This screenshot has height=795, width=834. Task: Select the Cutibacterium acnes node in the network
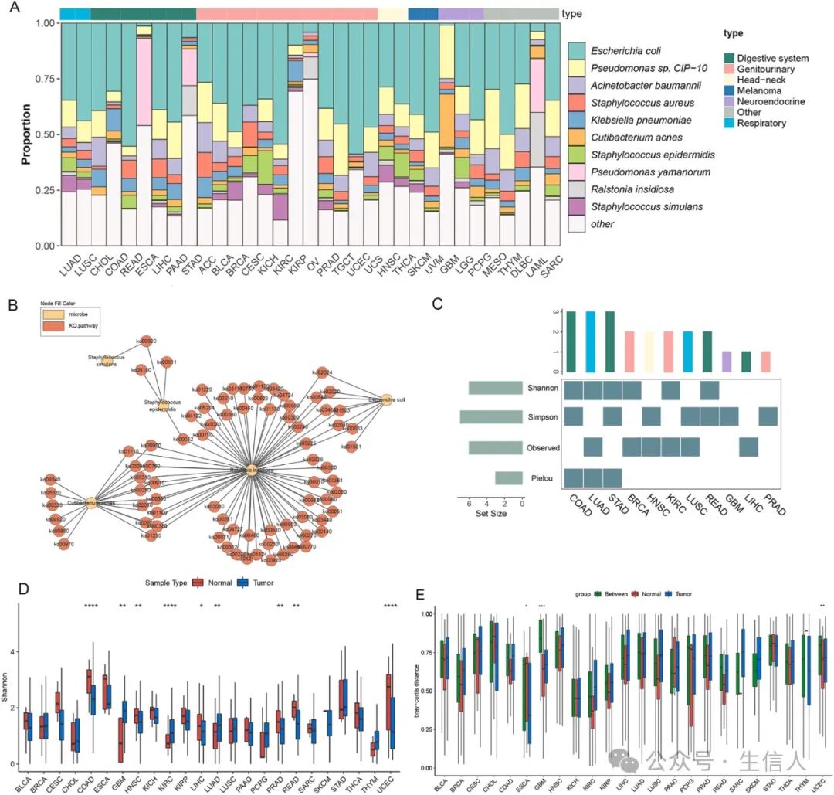(91, 503)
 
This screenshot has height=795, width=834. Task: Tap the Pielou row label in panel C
(541, 477)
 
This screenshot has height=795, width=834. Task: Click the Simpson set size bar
(491, 416)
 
